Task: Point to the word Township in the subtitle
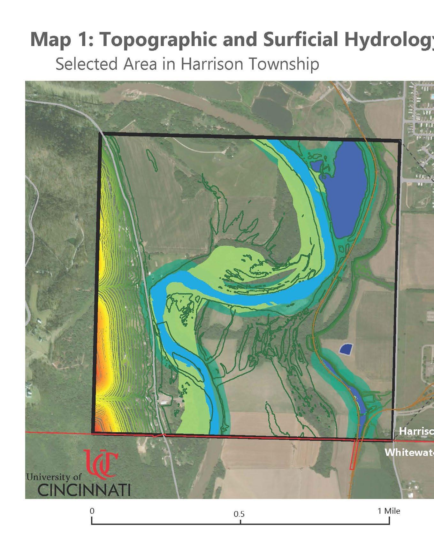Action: (284, 64)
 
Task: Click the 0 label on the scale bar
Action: (92, 511)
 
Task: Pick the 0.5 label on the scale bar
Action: (239, 514)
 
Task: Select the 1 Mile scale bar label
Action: (389, 511)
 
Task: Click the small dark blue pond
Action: (346, 349)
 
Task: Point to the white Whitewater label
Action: (409, 452)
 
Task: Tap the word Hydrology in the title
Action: (399, 40)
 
